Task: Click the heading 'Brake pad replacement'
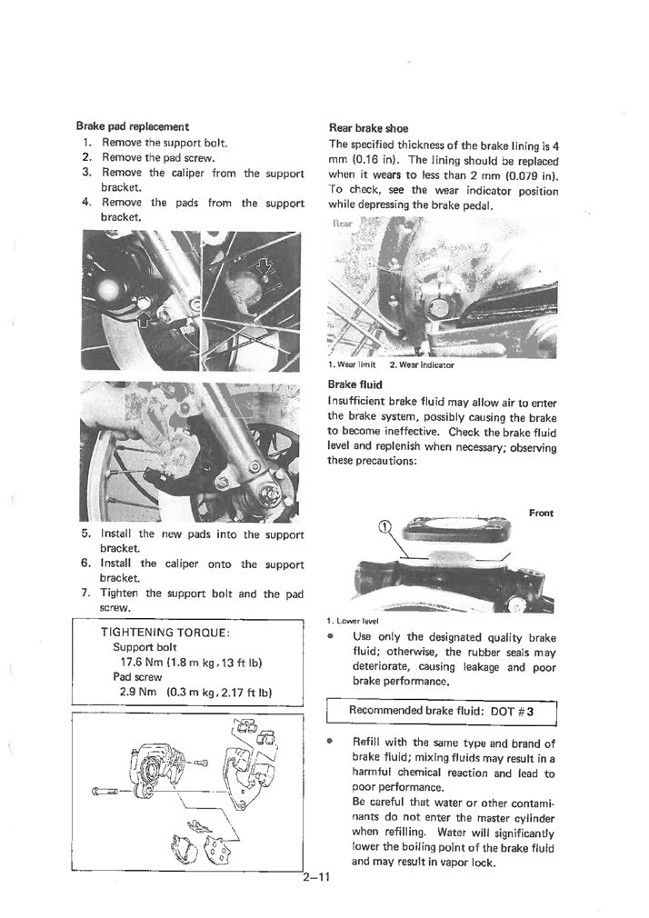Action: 132,126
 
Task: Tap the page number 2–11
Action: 318,878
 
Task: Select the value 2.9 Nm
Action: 137,692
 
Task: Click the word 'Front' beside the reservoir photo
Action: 541,514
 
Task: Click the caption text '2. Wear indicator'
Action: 421,365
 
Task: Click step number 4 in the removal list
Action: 85,204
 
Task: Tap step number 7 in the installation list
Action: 85,594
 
